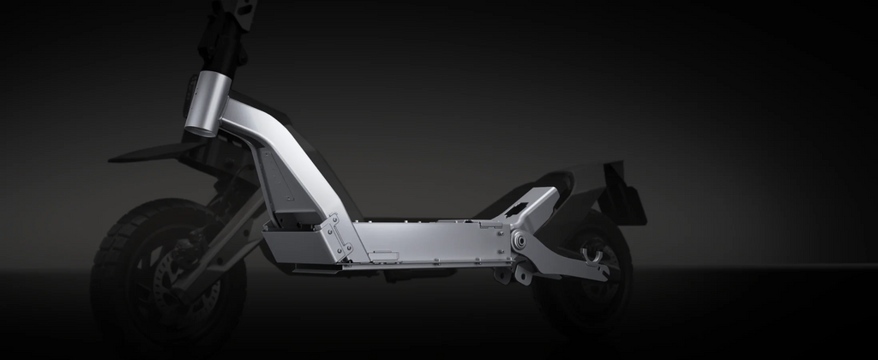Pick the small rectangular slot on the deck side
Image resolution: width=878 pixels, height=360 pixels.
[x=385, y=255]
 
